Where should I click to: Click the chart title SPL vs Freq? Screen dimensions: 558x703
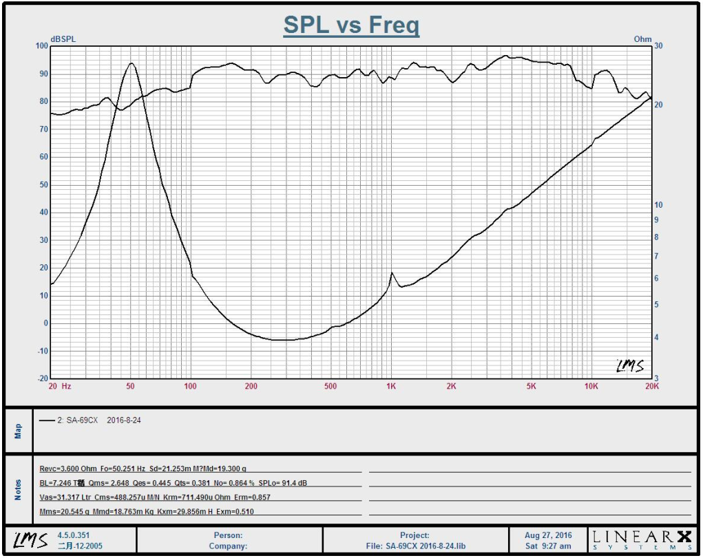[x=351, y=26]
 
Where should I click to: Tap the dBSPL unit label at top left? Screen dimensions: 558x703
[x=63, y=39]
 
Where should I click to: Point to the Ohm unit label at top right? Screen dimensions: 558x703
[x=642, y=39]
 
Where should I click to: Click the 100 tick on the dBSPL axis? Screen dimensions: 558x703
[x=42, y=46]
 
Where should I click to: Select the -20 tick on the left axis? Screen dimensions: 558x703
[x=42, y=379]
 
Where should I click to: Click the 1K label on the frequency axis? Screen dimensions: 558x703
[x=390, y=387]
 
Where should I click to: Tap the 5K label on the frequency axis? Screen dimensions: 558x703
[x=531, y=387]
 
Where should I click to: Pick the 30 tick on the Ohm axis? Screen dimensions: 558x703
[x=658, y=46]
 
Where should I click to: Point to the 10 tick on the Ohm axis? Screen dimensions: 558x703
[x=658, y=205]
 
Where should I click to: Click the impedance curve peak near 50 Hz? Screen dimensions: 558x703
[x=130, y=63]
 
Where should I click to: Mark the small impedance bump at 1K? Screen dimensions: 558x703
[x=392, y=273]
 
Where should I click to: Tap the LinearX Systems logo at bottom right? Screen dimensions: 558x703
[x=641, y=539]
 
